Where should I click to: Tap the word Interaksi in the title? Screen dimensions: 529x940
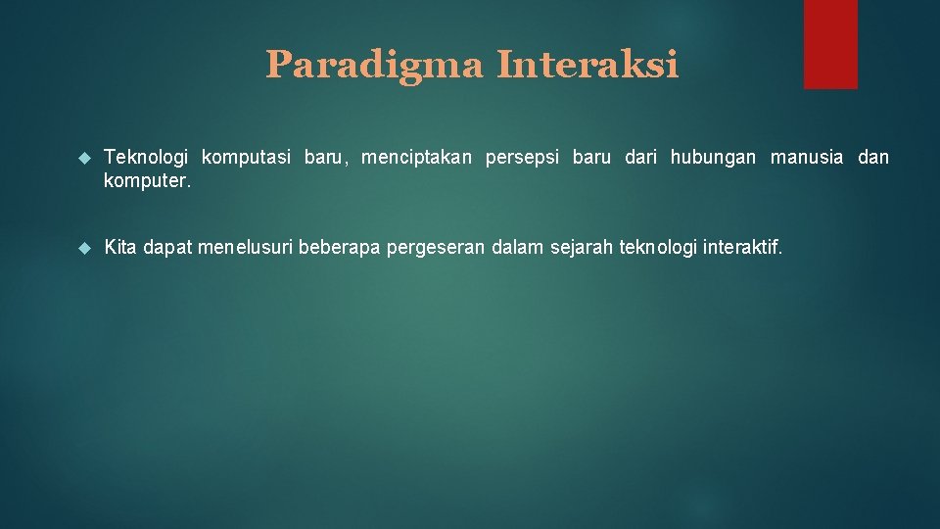[x=587, y=66]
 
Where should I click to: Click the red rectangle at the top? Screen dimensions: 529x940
[x=830, y=43]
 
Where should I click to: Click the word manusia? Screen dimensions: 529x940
[x=806, y=158]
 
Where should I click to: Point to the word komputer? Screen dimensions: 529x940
[x=148, y=182]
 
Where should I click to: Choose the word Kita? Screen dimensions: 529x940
[x=120, y=249]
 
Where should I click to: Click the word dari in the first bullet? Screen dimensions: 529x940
[x=640, y=158]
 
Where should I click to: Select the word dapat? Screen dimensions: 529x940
[x=167, y=249]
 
